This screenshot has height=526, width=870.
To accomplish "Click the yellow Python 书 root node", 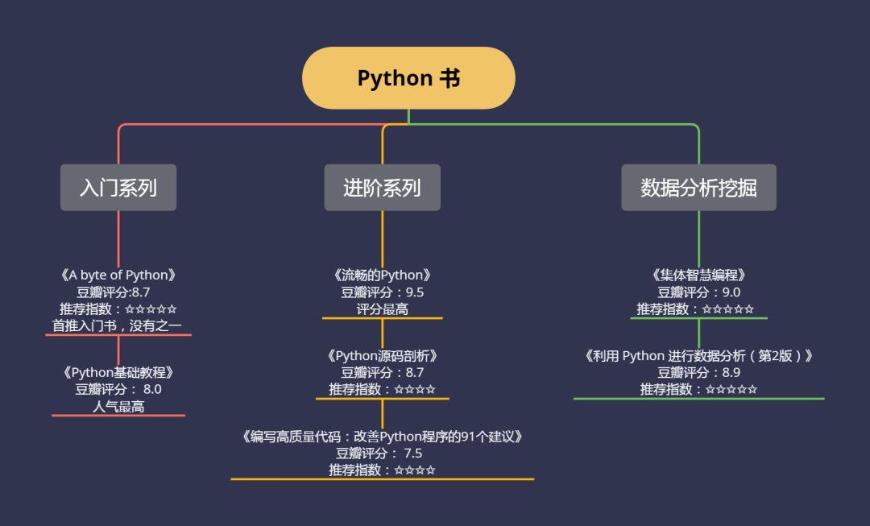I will (408, 78).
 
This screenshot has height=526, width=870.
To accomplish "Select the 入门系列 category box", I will (118, 188).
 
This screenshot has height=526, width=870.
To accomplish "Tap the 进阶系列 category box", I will (382, 188).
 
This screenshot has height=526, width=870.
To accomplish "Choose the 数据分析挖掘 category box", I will (698, 188).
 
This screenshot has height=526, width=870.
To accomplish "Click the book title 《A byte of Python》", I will (118, 275).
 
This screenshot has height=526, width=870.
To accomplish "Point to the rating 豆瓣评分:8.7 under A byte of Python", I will (114, 292).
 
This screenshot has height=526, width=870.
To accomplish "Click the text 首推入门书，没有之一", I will (118, 325).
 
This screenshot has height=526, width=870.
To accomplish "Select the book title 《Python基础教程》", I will (118, 373).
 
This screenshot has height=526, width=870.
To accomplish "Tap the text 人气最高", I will (118, 406).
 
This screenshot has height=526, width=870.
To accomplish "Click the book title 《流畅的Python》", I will (382, 275).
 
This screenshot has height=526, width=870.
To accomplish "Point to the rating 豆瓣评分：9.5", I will (382, 292).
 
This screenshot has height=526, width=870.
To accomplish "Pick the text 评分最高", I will (382, 309).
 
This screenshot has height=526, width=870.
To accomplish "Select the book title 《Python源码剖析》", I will (382, 356).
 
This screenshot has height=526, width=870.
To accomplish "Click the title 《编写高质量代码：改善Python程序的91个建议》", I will (382, 437).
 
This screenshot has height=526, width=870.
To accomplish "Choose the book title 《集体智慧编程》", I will (698, 275).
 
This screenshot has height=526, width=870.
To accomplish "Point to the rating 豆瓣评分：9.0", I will (698, 292).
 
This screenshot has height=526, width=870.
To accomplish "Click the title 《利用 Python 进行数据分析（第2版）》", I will (698, 356).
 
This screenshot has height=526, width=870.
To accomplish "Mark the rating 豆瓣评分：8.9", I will (698, 373).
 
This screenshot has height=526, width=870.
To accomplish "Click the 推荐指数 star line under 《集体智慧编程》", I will (696, 309).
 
